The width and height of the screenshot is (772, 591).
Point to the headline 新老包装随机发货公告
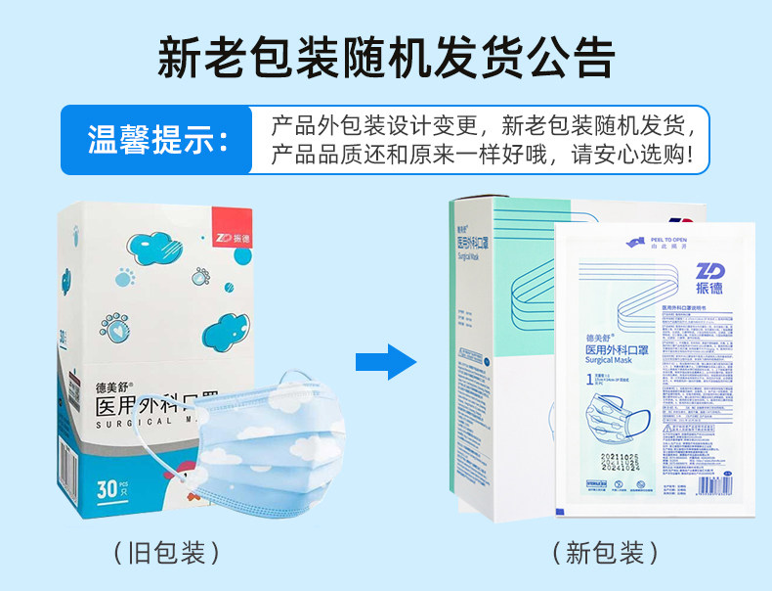386,57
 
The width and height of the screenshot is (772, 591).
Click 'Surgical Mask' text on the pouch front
609,360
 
